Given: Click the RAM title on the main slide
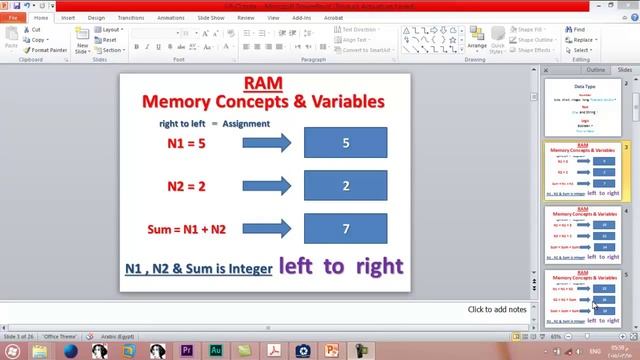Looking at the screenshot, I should (x=262, y=84).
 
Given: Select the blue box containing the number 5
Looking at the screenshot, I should (x=345, y=143).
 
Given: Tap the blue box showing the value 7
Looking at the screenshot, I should (x=345, y=229).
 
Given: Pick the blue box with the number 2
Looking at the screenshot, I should (x=345, y=186).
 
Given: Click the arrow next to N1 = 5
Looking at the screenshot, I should (x=265, y=143).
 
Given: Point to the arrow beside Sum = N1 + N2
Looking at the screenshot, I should (x=265, y=229).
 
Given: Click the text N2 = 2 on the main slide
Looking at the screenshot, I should (x=186, y=186).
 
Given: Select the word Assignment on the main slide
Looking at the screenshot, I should (x=246, y=123).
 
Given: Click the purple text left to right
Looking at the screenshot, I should (x=340, y=266).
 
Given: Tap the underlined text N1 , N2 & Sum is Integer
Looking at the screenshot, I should (x=198, y=268).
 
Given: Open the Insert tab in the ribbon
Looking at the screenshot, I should (x=68, y=17).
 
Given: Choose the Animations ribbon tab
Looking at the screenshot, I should (x=170, y=17).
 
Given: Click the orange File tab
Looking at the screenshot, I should (x=14, y=17).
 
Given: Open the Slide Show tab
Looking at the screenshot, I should (x=211, y=17).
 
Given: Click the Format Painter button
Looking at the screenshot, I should (x=49, y=49).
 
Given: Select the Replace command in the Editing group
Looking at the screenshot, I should (x=583, y=40).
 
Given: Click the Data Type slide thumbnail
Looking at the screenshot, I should (x=584, y=108).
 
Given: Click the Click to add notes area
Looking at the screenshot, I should (x=497, y=309).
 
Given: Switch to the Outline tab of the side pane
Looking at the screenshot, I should (x=595, y=70).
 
